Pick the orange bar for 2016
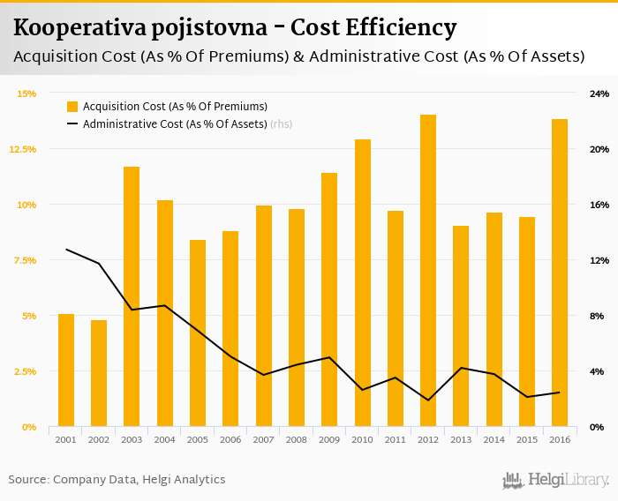pos(560,273)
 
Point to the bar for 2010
pos(362,283)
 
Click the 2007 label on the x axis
pos(263,439)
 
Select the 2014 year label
pos(494,439)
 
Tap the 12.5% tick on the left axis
pos(23,149)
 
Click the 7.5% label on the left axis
pos(25,260)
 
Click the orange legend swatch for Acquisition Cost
pos(72,107)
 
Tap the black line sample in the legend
pos(72,124)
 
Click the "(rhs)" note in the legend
pos(282,124)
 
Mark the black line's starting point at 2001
pos(66,250)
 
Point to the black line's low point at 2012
pos(428,400)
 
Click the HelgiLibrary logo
pos(555,481)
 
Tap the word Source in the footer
pos(27,480)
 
